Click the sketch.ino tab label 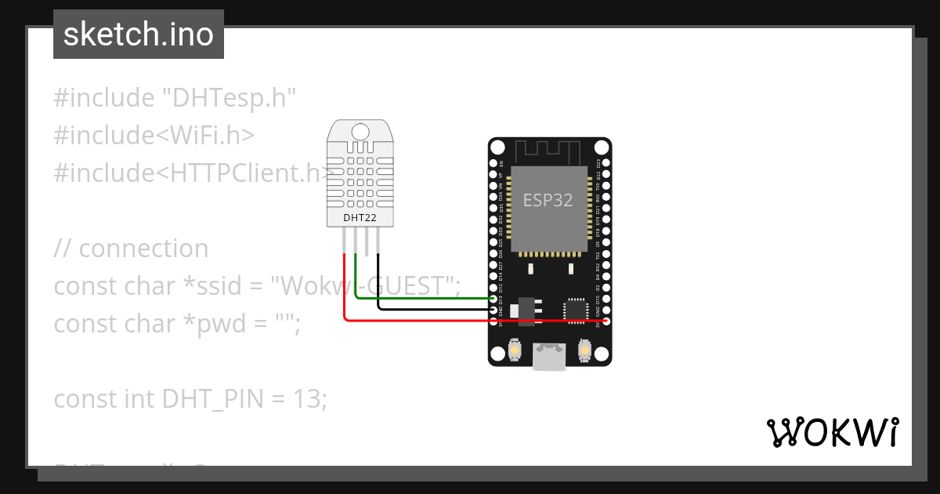(138, 35)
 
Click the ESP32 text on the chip (548, 200)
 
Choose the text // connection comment (131, 249)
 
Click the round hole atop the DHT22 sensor (360, 131)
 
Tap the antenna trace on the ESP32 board (549, 149)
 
